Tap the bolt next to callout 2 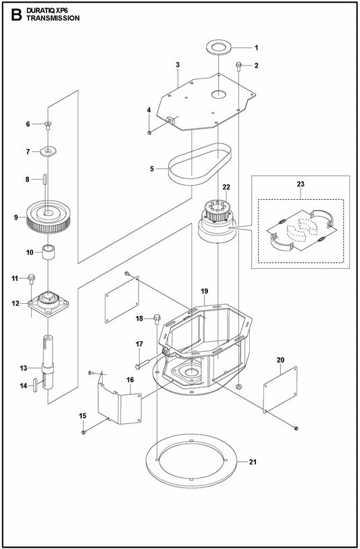coord(240,66)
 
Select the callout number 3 coord(177,64)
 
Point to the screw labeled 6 coord(49,124)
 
